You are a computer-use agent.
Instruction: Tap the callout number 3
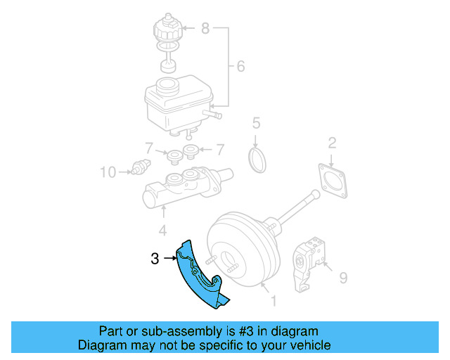tap(155, 259)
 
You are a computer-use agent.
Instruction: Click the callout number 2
tap(332, 143)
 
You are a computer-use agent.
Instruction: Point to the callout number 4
tap(162, 230)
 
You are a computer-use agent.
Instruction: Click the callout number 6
tap(240, 67)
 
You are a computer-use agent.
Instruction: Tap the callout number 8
tap(205, 29)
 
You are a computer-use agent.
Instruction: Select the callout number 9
tap(342, 278)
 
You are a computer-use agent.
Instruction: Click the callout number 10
tap(107, 171)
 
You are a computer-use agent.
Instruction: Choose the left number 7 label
tap(148, 149)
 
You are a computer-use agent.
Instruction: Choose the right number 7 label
tap(219, 149)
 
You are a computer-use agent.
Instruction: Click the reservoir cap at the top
tap(167, 28)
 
